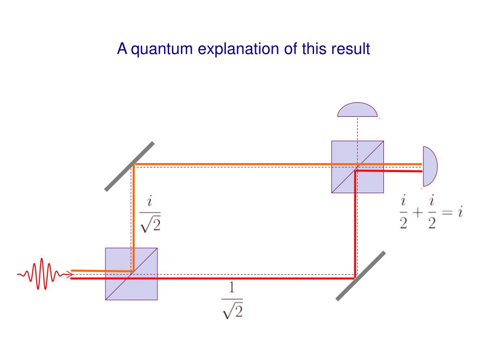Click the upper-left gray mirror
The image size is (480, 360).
129,166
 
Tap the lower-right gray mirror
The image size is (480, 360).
361,275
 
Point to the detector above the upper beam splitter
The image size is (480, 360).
357,110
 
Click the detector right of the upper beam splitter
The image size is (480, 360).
429,166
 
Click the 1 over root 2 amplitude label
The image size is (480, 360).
232,300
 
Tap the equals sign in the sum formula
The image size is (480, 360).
447,213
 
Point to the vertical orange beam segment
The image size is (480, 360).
134,216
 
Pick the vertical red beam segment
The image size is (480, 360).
355,225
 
